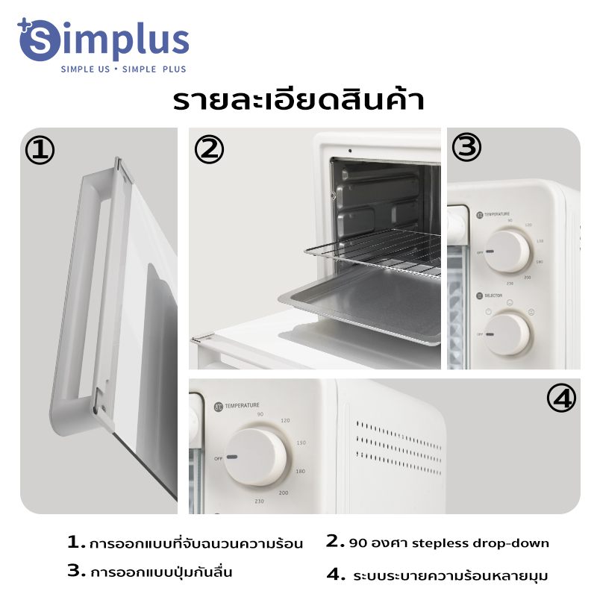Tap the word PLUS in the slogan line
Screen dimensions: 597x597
tap(173, 69)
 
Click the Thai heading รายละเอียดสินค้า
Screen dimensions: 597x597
tap(298, 100)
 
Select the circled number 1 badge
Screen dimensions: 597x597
tap(40, 150)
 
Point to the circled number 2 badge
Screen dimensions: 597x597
tap(210, 150)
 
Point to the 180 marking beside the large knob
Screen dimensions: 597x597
tap(301, 472)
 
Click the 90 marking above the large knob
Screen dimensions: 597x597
tap(260, 414)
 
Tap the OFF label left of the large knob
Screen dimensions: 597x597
tap(218, 457)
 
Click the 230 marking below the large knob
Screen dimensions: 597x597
tap(259, 500)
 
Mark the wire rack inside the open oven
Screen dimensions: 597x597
tap(373, 250)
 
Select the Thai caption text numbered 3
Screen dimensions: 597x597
tap(161, 573)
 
